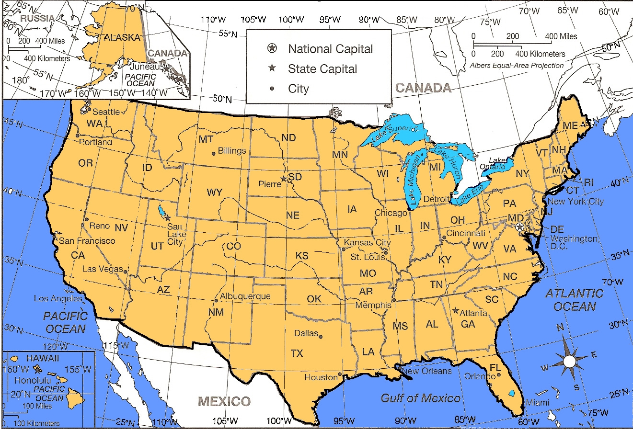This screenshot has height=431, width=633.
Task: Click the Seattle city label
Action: [x=106, y=112]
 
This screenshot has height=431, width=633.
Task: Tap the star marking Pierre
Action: [x=283, y=179]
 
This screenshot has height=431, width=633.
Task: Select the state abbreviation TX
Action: [x=297, y=353]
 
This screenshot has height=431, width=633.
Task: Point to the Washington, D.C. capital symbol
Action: [x=520, y=227]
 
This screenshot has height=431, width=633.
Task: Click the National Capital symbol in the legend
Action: [x=272, y=48]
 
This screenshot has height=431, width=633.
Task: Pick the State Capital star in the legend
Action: [x=272, y=68]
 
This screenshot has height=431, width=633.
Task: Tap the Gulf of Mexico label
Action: [x=420, y=398]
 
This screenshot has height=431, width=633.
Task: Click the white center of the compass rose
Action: [x=569, y=361]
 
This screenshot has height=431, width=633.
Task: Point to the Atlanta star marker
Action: [x=455, y=310]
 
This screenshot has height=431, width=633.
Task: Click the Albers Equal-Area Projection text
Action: [x=517, y=66]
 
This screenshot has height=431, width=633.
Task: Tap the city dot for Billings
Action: [x=214, y=154]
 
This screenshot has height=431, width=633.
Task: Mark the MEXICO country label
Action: [x=224, y=401]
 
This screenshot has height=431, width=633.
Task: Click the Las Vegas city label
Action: [x=102, y=269]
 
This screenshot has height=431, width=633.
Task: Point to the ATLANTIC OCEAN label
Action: [x=574, y=300]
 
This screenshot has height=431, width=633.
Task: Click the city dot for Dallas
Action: [x=321, y=336]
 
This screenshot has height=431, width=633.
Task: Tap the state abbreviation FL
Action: [x=495, y=368]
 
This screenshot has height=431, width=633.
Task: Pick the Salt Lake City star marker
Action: [x=168, y=218]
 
